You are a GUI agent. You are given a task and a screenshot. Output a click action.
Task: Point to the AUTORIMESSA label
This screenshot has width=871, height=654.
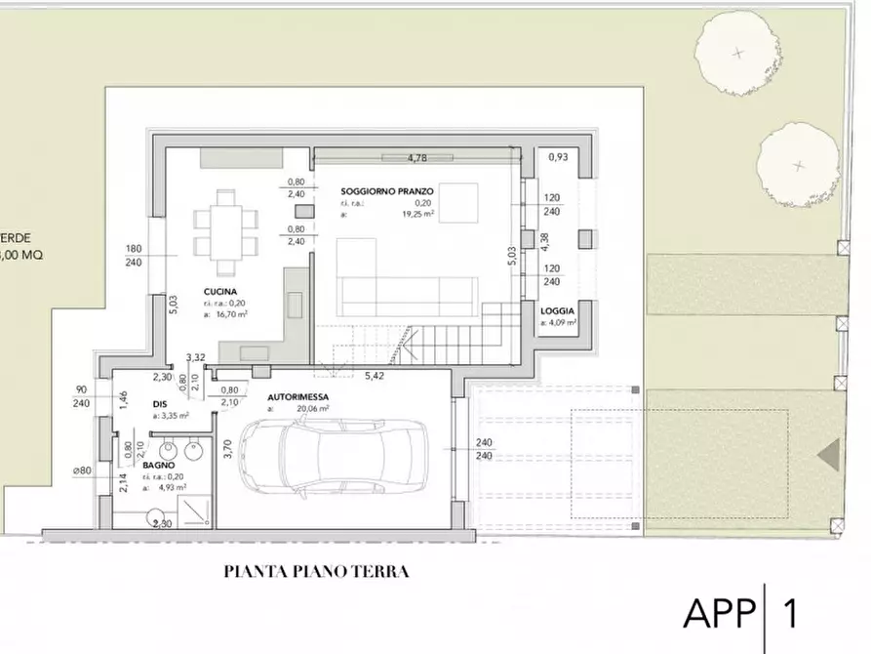297,397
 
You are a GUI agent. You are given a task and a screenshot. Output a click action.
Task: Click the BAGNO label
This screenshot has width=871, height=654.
157,467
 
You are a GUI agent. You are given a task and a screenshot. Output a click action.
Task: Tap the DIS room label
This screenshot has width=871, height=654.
161,402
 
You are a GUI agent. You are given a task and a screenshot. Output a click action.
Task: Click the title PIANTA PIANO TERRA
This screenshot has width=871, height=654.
316,572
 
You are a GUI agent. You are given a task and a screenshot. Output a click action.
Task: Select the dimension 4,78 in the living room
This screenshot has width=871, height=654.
417,157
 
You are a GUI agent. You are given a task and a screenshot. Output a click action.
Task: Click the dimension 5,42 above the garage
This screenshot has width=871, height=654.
375,376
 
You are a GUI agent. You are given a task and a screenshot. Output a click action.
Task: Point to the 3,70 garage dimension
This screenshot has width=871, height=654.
225,450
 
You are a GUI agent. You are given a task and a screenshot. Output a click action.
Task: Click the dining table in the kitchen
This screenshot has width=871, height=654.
225,231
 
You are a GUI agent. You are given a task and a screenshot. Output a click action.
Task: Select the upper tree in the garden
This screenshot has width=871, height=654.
737,54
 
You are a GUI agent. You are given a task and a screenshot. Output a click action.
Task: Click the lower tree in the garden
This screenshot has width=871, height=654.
799,166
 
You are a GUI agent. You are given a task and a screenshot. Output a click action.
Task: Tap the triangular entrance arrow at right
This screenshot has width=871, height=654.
828,456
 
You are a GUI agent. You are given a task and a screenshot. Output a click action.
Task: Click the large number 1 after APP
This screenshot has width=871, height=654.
791,613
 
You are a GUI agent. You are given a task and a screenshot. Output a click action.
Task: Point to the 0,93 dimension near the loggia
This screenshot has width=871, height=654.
557,156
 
